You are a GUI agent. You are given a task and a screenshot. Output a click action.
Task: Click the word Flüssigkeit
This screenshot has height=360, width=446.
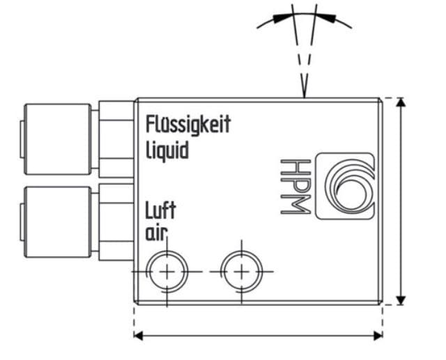pyautogui.click(x=187, y=125)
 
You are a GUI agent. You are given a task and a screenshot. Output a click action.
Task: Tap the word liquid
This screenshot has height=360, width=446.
pyautogui.click(x=167, y=149)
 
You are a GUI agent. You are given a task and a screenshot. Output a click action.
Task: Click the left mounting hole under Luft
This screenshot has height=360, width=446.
pyautogui.click(x=167, y=270)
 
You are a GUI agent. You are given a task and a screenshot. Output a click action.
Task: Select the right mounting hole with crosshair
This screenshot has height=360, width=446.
pyautogui.click(x=240, y=270)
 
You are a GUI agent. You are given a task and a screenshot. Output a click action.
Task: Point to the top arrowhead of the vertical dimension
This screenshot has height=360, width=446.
pyautogui.click(x=400, y=104)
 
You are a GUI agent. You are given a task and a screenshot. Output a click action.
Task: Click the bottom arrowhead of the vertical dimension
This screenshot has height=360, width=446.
pyautogui.click(x=400, y=299)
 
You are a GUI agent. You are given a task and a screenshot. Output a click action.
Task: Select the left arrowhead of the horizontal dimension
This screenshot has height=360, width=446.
pyautogui.click(x=139, y=336)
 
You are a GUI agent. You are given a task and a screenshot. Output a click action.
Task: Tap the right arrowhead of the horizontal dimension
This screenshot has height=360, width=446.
pyautogui.click(x=378, y=336)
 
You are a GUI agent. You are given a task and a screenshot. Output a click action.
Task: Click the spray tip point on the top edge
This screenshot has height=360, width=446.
pyautogui.click(x=304, y=95)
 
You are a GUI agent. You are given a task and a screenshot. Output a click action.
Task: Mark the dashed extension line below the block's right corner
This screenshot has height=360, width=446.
pyautogui.click(x=382, y=317)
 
